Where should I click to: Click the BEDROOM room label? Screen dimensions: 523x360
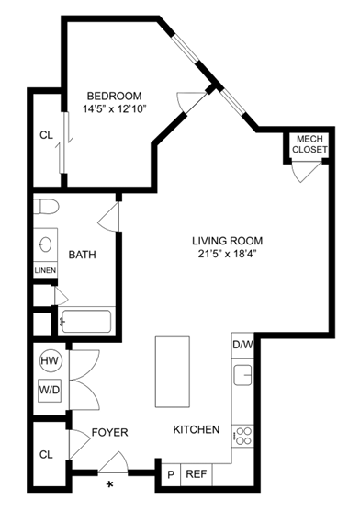click(114, 96)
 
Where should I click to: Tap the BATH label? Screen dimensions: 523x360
click(84, 256)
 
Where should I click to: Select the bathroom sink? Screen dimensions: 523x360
click(45, 244)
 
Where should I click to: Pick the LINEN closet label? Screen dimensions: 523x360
click(45, 270)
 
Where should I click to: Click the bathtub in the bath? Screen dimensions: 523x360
click(84, 323)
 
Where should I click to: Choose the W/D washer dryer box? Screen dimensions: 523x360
click(49, 390)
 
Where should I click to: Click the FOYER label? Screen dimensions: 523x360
click(109, 432)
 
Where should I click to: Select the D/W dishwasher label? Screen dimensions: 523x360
click(242, 345)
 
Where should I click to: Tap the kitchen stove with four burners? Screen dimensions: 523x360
click(243, 434)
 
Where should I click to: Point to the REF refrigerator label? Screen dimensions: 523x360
click(196, 474)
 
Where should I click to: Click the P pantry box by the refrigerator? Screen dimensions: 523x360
click(170, 474)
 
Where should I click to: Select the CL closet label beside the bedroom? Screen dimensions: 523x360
click(46, 134)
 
